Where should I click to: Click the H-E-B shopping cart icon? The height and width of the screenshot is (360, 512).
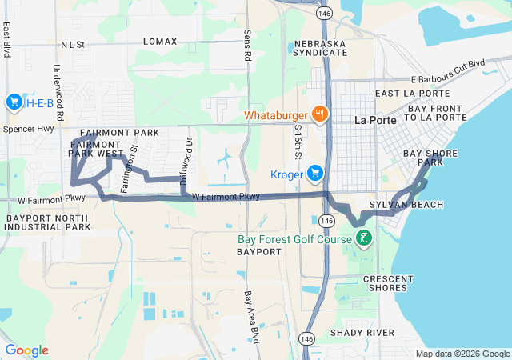(14, 102)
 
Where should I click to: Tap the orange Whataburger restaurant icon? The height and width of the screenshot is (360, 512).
(320, 114)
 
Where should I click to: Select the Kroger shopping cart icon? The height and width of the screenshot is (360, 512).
(315, 173)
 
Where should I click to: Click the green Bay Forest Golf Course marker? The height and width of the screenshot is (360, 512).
(363, 238)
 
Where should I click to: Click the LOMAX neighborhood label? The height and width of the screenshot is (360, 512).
(159, 41)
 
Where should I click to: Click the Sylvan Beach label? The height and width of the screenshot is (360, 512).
(418, 206)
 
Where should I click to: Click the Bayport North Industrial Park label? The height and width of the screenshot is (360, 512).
(47, 222)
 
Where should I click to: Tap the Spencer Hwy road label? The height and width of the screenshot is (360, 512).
(28, 129)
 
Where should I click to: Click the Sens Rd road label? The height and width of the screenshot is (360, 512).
(246, 46)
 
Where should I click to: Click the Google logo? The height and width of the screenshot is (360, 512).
(26, 350)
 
